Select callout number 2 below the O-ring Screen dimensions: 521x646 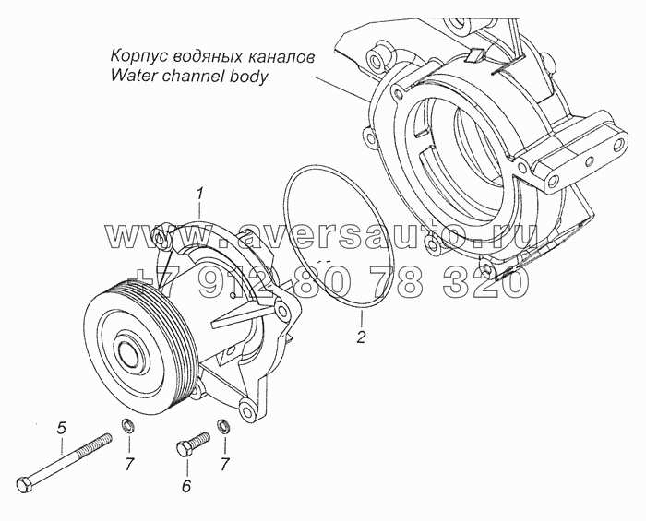point(362,337)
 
